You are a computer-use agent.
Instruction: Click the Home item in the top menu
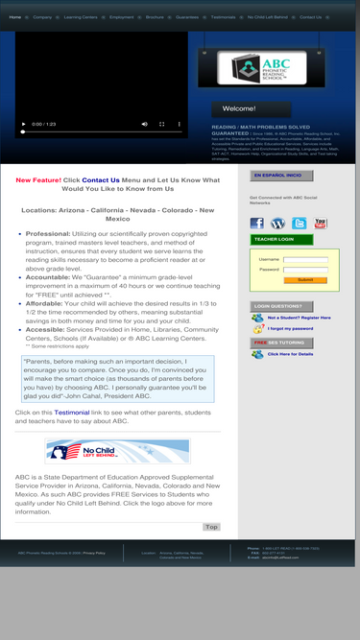point(14,16)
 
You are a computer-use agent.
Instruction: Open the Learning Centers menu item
point(80,16)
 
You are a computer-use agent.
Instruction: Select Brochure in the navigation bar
point(155,16)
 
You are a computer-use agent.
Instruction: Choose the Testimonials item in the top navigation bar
point(223,16)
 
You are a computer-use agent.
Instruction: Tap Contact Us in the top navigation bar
point(310,16)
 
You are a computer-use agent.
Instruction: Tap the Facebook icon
point(256,224)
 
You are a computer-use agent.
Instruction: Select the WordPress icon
point(277,224)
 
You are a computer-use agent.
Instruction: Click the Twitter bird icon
point(300,224)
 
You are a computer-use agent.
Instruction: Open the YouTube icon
point(321,224)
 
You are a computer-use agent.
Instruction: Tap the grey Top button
point(211,527)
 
